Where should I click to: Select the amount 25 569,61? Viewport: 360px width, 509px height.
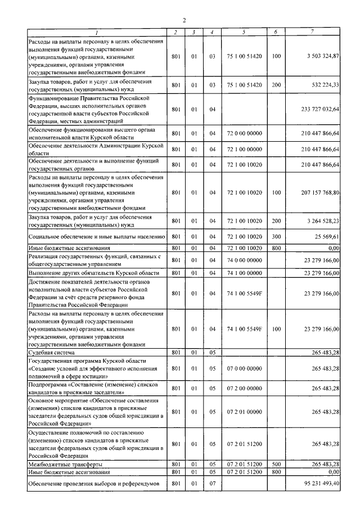[327, 237]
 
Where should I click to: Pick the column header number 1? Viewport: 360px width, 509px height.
[96, 33]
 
